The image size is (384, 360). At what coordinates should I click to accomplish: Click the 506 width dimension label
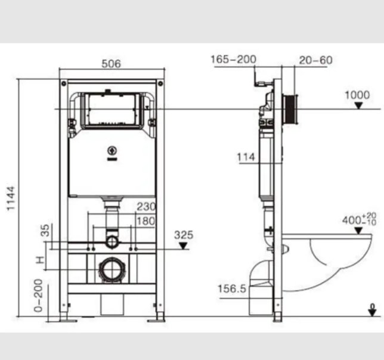[x=111, y=64]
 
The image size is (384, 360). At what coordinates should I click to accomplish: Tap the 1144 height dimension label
[x=11, y=198]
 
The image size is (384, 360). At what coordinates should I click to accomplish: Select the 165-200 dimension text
[x=233, y=59]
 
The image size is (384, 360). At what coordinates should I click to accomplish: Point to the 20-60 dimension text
[x=315, y=60]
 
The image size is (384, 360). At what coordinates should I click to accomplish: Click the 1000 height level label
[x=357, y=95]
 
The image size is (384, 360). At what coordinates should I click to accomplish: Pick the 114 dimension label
[x=246, y=157]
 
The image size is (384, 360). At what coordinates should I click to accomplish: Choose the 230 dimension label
[x=146, y=207]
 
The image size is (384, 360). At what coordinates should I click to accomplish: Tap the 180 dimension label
[x=146, y=221]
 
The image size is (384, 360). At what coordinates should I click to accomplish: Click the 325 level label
[x=184, y=235]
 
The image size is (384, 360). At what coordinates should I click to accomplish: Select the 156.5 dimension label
[x=232, y=289]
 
